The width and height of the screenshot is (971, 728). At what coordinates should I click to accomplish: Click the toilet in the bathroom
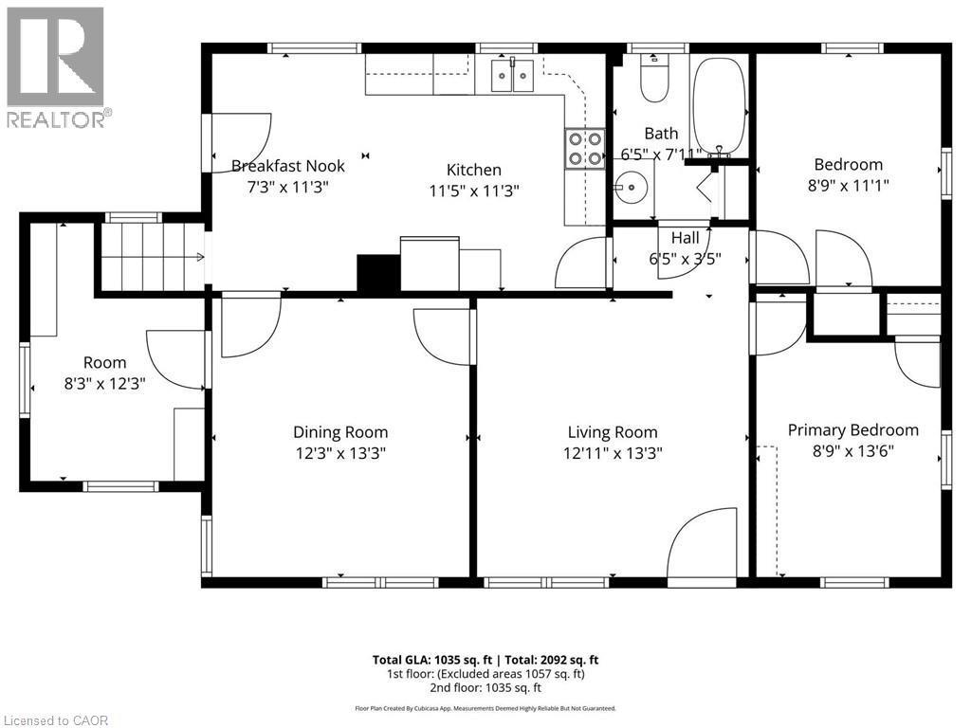point(653,80)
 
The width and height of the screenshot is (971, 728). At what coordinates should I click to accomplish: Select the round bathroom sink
point(631,188)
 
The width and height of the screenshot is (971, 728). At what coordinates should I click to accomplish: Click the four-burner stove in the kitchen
point(585,148)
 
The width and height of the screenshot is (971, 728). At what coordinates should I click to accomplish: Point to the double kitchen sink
point(511,75)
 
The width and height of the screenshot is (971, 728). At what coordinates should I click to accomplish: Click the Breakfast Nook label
point(288,166)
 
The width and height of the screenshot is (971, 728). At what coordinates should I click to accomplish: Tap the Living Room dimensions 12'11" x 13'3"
point(612,453)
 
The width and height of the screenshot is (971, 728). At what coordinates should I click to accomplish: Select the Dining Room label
point(340,432)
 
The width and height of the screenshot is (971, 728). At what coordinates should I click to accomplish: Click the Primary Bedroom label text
point(852,429)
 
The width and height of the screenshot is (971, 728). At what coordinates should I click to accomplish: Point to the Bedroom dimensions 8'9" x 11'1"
point(848,186)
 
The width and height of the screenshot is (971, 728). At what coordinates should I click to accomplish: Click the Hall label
point(685,238)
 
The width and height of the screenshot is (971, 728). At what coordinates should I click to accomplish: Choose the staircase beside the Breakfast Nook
point(152,256)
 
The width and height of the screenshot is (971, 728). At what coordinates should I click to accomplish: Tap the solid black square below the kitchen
point(378,273)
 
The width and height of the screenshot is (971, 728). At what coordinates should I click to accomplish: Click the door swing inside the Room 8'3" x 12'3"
point(177,359)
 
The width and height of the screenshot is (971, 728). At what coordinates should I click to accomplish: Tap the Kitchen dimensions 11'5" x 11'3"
point(473,190)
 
